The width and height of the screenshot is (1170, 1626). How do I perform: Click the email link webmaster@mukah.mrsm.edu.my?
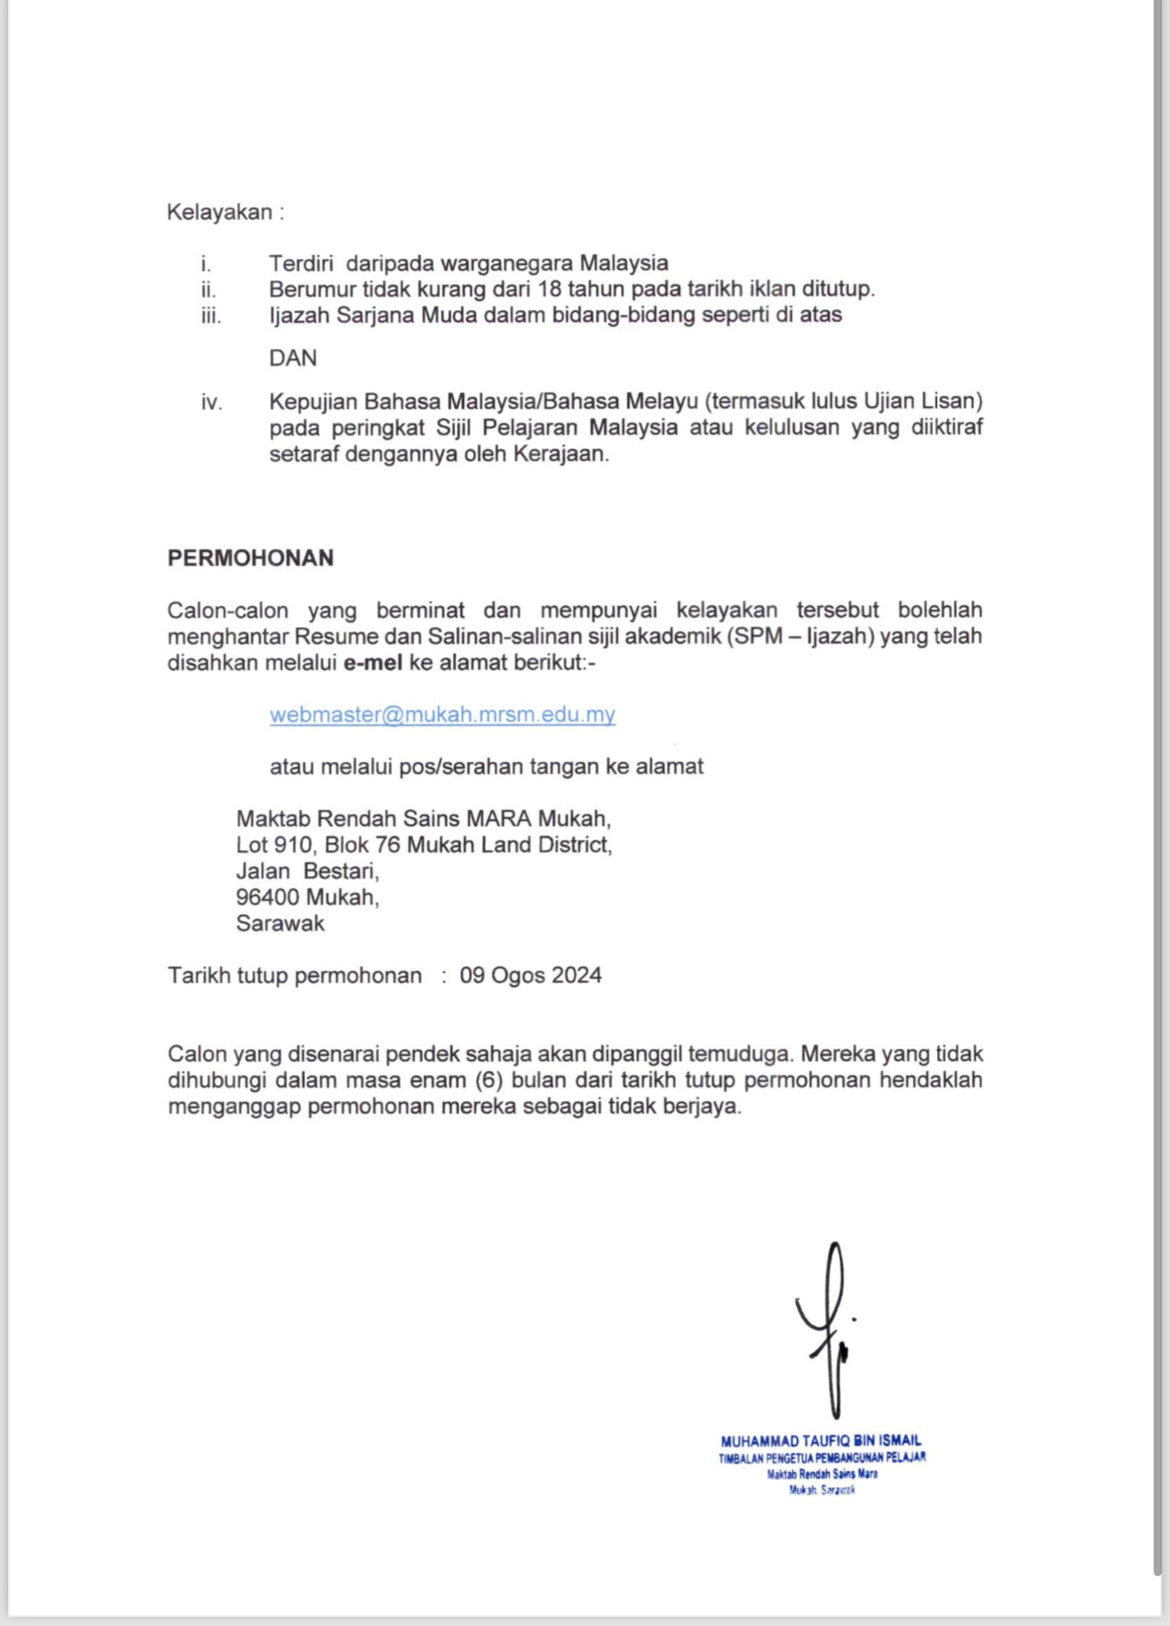point(443,715)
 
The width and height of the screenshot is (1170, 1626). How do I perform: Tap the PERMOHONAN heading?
point(250,558)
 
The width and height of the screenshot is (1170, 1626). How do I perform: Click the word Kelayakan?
point(219,212)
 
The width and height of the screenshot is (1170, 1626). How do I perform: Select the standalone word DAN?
point(293,358)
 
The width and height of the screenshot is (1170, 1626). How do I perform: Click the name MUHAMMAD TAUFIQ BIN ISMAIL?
point(821,1440)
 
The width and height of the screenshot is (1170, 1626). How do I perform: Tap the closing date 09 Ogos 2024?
point(531,976)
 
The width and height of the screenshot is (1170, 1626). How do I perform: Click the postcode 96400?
point(268,898)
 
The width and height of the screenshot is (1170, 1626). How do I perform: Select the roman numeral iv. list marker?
point(211,402)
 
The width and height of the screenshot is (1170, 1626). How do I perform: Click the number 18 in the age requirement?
point(550,289)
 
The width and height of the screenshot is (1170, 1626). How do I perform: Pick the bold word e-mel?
point(373,663)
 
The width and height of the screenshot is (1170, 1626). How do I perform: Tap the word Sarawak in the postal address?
point(280,924)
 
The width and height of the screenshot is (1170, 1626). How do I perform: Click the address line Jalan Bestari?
point(307,871)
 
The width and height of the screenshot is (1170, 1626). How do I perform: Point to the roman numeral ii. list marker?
point(209,289)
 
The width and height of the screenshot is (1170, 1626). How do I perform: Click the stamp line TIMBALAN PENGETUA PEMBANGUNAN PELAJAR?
point(822,1458)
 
